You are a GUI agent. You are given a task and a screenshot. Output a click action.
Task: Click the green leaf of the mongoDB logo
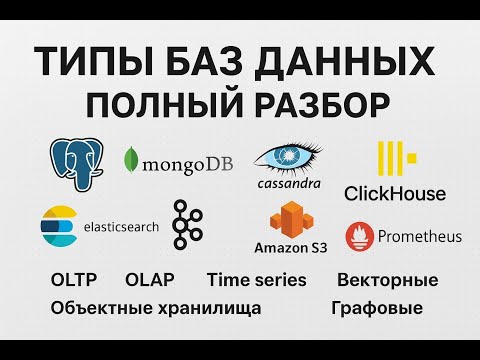point(130,160)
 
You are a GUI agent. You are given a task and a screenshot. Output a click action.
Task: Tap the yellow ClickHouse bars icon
point(392,160)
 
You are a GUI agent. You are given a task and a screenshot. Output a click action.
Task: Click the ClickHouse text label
point(395,192)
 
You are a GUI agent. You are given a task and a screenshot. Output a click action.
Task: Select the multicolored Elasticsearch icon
point(56,226)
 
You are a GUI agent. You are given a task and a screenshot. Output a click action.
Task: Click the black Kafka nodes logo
point(183,224)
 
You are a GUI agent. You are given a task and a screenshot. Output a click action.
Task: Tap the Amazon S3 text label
point(291,247)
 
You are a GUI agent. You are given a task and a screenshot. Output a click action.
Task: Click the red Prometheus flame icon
point(359,237)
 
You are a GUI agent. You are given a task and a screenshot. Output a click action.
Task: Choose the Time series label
point(256,279)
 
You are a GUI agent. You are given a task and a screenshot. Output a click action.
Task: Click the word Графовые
point(380,308)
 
